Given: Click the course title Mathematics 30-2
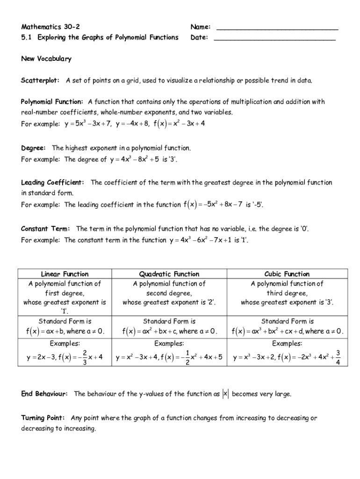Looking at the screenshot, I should (x=47, y=27).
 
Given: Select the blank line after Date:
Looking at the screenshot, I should (x=274, y=39).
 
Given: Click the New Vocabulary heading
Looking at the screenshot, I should (x=46, y=58).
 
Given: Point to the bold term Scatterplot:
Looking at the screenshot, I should (x=40, y=80).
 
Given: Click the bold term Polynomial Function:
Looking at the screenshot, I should (x=52, y=102).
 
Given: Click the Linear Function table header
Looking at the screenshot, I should (x=65, y=274).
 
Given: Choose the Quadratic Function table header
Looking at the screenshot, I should (x=169, y=274).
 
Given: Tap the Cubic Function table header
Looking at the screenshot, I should (x=287, y=274).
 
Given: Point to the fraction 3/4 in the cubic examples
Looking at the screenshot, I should (x=338, y=356).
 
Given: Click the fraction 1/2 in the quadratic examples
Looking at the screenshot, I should (x=187, y=356).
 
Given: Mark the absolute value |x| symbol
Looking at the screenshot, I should (x=225, y=394).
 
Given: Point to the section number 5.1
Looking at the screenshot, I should (x=26, y=37).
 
